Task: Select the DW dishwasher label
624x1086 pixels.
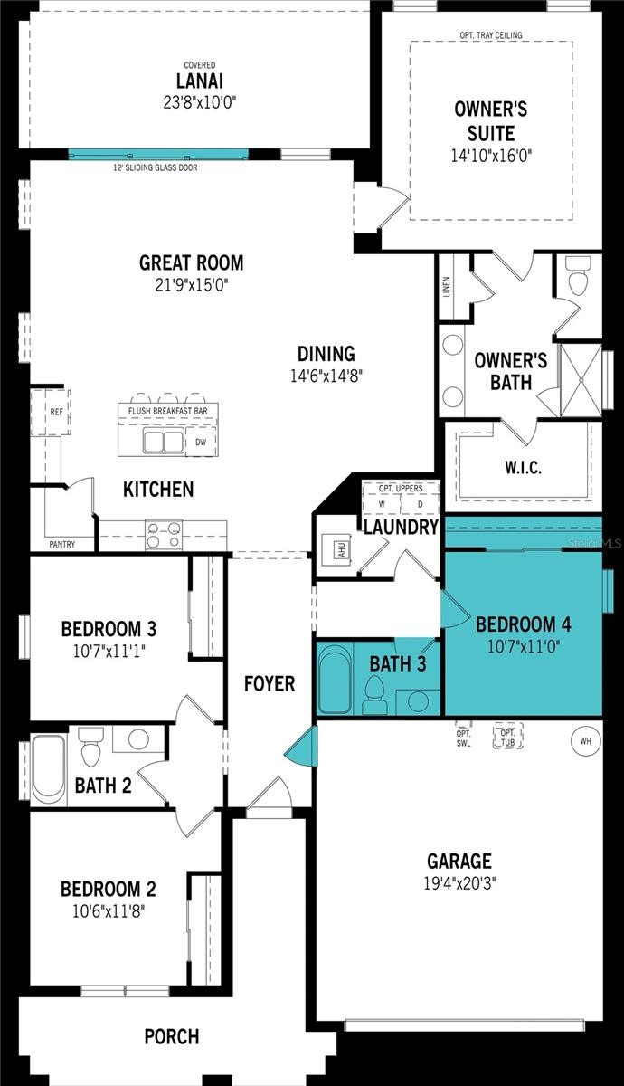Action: coord(201,443)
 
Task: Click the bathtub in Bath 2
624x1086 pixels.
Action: coord(48,768)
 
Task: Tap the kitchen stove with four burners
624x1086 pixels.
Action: coord(164,535)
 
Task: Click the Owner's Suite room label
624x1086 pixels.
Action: coord(491,120)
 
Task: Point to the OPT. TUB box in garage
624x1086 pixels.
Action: coord(504,736)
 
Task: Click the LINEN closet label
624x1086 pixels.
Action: coord(446,287)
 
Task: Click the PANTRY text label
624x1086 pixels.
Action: coord(61,545)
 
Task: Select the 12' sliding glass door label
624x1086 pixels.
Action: coord(155,167)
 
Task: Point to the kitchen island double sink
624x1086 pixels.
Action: coord(165,443)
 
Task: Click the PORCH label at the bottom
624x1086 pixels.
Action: coord(172,1036)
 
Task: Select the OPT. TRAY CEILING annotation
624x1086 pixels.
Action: coord(491,35)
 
